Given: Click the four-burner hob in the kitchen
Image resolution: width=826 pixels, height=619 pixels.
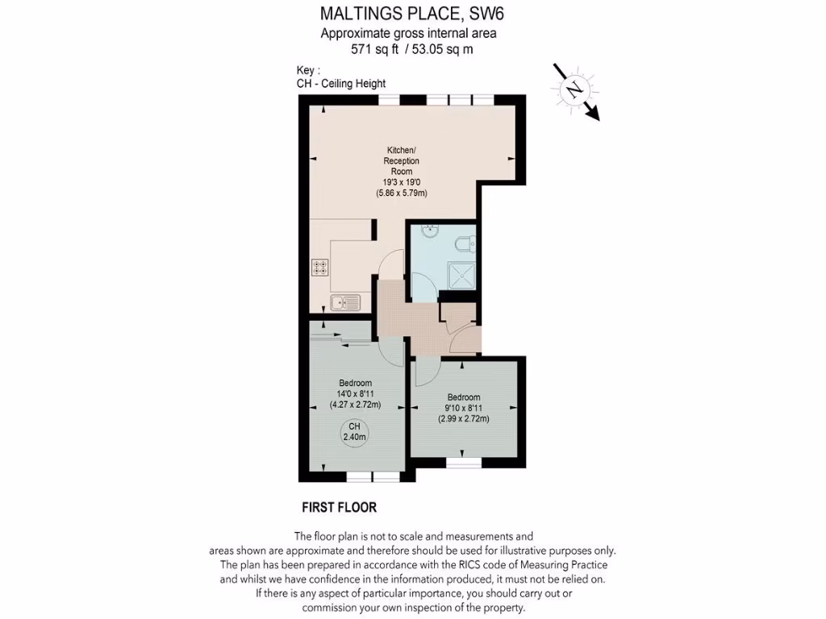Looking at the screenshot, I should point(320,267).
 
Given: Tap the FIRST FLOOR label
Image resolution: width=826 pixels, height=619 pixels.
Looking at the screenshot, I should point(339,508).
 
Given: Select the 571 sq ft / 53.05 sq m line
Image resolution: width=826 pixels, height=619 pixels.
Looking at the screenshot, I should point(411,49).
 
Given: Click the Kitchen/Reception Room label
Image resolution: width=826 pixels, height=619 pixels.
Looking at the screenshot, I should point(401,160).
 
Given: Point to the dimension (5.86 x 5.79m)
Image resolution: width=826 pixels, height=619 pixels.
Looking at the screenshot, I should point(401,193).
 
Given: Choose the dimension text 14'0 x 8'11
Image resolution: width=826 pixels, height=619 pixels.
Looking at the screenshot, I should point(355,394).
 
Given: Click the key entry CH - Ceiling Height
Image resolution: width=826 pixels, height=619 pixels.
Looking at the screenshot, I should point(342,84).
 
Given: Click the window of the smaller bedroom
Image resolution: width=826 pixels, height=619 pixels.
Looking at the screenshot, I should point(463,463).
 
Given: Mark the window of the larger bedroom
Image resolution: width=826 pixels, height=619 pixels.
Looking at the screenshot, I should point(372,477).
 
